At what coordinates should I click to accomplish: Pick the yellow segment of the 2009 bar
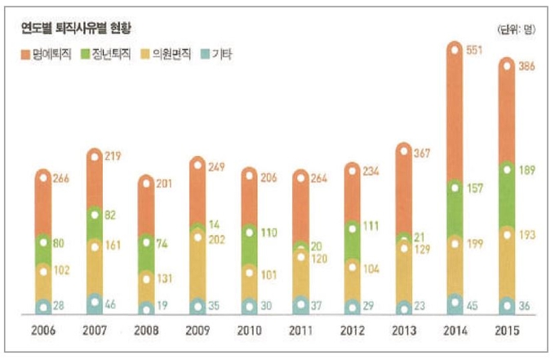pos(198,261)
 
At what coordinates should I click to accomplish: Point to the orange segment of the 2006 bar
pos(44,204)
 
